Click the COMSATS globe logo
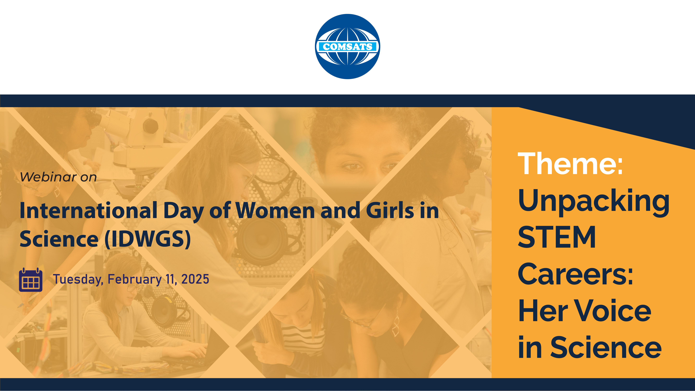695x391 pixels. coord(347,46)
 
